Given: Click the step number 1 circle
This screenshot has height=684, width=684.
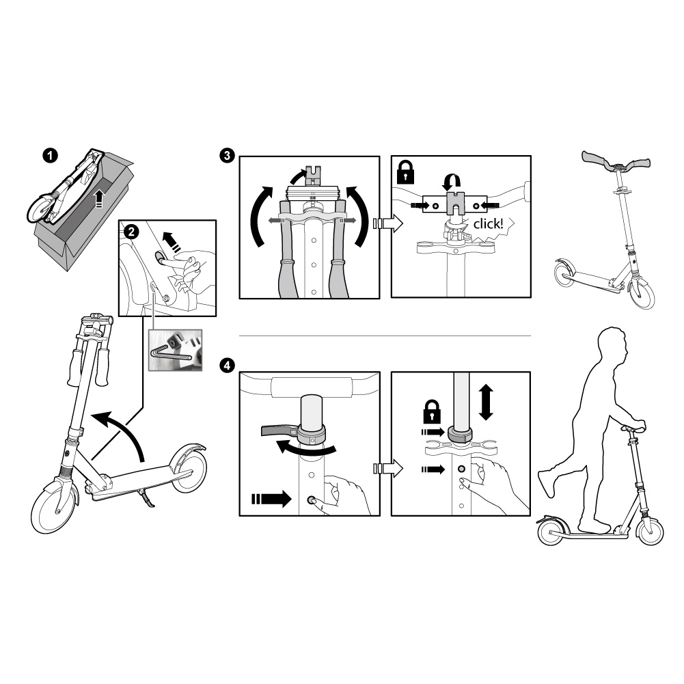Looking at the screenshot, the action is (50, 156).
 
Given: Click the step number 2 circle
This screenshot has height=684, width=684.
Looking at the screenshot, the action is (131, 231).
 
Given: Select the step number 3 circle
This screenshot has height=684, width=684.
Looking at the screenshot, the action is (228, 156).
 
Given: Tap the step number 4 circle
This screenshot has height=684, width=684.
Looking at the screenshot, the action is (228, 365).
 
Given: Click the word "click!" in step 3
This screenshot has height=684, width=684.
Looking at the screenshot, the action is (488, 223).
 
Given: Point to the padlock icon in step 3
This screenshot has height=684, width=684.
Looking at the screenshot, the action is (406, 172).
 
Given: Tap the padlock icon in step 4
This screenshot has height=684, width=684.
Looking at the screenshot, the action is (432, 411).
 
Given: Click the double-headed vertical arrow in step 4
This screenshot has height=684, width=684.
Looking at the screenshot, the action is (486, 402).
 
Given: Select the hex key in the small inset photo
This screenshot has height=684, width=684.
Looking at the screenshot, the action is (169, 353).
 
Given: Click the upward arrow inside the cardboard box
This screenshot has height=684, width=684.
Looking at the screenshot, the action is (100, 198).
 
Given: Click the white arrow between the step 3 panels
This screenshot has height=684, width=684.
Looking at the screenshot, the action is (388, 223).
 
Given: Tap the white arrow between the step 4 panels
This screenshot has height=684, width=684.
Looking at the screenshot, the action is (388, 469).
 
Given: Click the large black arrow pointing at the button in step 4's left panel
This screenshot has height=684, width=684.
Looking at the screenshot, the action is (271, 499).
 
